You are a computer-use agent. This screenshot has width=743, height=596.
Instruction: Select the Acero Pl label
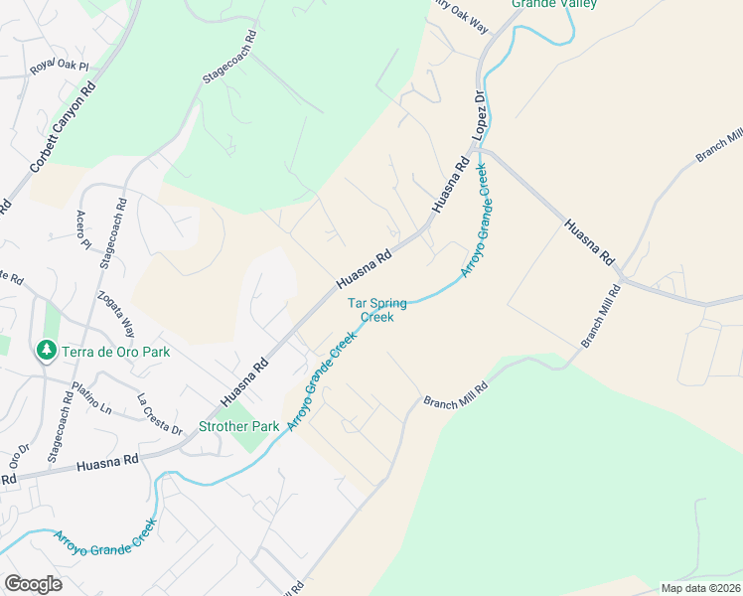coord(82,230)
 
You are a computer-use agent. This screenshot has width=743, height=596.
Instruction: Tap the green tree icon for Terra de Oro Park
coord(45,351)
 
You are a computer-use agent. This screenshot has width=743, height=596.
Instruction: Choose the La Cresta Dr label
coord(160,416)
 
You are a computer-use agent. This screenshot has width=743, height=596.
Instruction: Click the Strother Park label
coord(239,426)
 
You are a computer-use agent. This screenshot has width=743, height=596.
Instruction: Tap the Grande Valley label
coord(554,4)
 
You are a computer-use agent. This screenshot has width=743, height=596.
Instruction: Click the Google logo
coord(33,583)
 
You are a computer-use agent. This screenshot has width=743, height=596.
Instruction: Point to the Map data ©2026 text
coord(699,588)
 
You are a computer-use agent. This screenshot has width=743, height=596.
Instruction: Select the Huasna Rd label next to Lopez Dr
coord(449,187)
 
